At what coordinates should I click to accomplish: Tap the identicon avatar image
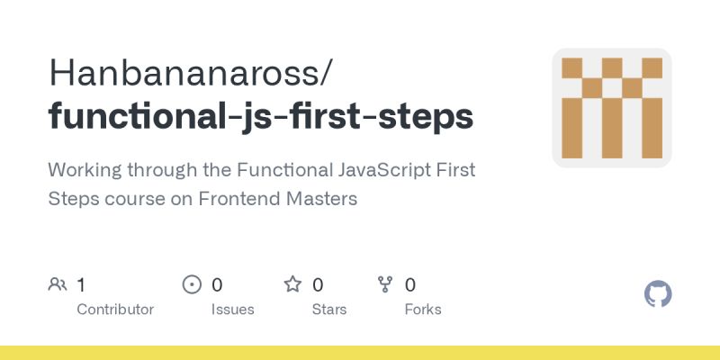pos(612,108)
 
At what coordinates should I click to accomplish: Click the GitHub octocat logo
pos(659,294)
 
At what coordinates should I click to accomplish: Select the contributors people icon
pos(57,285)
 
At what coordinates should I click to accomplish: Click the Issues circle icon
pos(192,285)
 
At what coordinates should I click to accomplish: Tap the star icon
pos(292,285)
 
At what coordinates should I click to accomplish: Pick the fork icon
pos(385,285)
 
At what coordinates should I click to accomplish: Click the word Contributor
pos(115,309)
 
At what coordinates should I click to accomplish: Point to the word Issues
pos(232,309)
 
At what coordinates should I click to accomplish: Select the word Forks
pos(423,309)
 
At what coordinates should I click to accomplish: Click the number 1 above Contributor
pos(81,285)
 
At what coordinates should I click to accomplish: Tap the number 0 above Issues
pos(217,285)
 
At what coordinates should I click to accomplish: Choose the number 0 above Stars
pos(318,285)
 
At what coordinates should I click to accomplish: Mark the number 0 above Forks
pos(410,285)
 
